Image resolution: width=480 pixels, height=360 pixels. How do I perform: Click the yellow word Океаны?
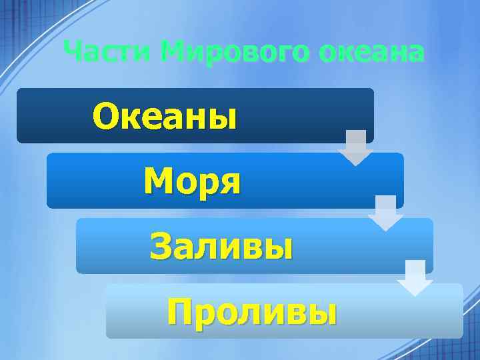click(165, 117)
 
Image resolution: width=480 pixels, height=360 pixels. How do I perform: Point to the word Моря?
click(192, 181)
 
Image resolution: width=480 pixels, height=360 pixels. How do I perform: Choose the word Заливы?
click(221, 246)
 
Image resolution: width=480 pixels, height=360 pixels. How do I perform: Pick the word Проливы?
click(252, 310)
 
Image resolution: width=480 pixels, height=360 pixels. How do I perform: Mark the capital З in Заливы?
click(161, 246)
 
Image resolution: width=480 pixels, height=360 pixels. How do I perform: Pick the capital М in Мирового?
click(174, 51)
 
